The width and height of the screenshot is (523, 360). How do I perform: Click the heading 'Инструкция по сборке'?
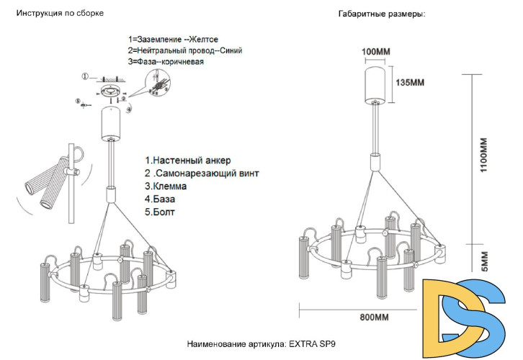[61, 14]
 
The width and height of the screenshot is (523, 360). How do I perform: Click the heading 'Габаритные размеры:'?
[381, 14]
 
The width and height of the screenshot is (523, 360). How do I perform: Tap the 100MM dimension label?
[375, 53]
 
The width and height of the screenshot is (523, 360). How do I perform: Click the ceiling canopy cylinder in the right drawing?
[375, 82]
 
